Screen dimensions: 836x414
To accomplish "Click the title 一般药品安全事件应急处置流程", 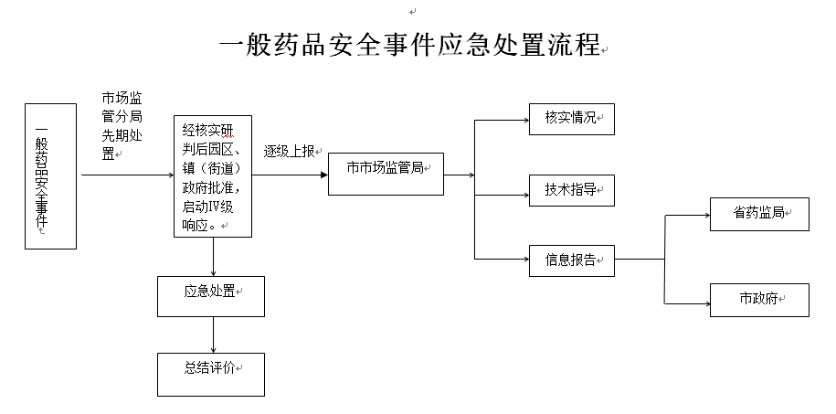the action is click(409, 45).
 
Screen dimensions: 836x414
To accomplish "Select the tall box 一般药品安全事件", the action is click(50, 176).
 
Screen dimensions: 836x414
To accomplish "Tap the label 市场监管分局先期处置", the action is click(122, 126).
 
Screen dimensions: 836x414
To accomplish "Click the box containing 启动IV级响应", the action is click(213, 176).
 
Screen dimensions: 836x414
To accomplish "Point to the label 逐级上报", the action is click(289, 152).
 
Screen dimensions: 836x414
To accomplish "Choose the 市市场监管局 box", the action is click(386, 174).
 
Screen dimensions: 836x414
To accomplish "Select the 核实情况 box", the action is click(572, 119).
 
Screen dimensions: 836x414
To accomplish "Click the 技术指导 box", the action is click(572, 190).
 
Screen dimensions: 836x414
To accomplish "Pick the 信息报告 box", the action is click(572, 260).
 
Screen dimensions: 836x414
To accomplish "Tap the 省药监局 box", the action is click(759, 215).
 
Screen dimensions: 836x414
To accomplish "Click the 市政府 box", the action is click(759, 300).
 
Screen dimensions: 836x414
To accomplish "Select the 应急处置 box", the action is click(211, 297).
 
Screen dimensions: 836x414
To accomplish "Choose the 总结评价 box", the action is click(211, 375).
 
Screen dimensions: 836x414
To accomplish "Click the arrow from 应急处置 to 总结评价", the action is click(213, 335).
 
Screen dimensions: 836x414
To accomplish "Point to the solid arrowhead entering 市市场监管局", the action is click(324, 175).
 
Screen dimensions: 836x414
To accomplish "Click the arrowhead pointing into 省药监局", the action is click(706, 216).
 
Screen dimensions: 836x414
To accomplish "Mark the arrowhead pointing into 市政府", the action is click(706, 304).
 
